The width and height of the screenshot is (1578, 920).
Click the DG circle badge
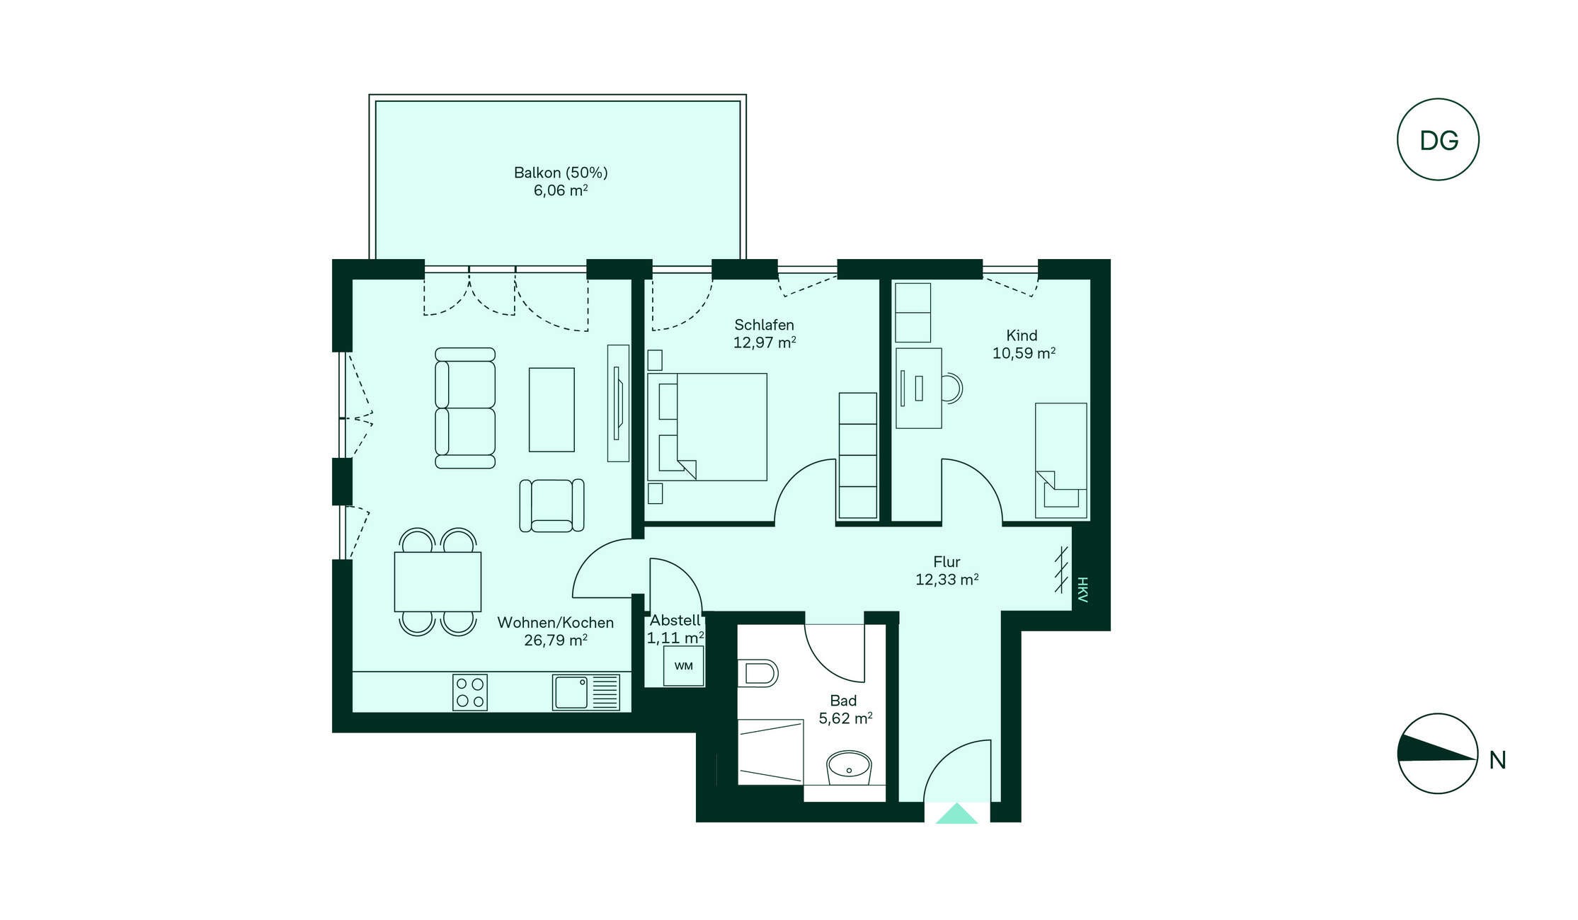pyautogui.click(x=1438, y=139)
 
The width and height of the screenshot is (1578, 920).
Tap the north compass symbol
pyautogui.click(x=1438, y=754)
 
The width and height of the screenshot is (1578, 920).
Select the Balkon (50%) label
pyautogui.click(x=561, y=173)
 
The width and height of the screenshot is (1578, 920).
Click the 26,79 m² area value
pyautogui.click(x=556, y=640)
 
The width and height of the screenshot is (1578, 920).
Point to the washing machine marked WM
pyautogui.click(x=683, y=666)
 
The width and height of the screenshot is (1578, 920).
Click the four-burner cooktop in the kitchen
pyautogui.click(x=470, y=692)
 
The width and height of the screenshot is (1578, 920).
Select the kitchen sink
pyautogui.click(x=586, y=692)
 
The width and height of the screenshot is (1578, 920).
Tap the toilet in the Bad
pyautogui.click(x=757, y=673)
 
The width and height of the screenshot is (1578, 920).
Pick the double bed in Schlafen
pyautogui.click(x=707, y=427)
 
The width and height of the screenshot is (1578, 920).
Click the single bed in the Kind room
pyautogui.click(x=1060, y=461)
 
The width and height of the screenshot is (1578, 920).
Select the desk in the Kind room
pyautogui.click(x=918, y=388)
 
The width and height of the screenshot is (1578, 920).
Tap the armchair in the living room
pyautogui.click(x=551, y=505)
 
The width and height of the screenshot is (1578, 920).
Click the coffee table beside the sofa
pyautogui.click(x=551, y=409)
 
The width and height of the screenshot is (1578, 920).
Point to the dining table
pyautogui.click(x=438, y=582)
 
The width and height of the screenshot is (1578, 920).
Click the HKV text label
pyautogui.click(x=1082, y=590)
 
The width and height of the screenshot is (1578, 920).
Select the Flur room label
pyautogui.click(x=947, y=562)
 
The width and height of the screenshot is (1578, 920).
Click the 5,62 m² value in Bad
pyautogui.click(x=845, y=718)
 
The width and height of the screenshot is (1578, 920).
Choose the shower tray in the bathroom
pyautogui.click(x=770, y=752)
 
